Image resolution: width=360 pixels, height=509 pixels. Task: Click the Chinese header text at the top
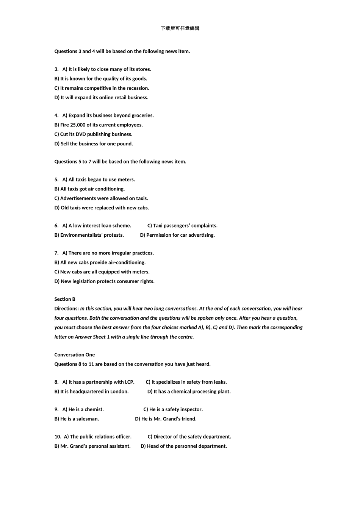click(x=180, y=28)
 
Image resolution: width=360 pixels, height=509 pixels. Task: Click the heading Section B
click(x=65, y=299)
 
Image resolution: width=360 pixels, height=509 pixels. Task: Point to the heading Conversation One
click(x=75, y=355)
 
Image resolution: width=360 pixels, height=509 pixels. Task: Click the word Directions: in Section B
click(x=67, y=309)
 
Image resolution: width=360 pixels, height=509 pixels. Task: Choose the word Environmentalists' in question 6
click(x=81, y=235)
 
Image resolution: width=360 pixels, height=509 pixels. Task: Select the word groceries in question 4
click(x=142, y=116)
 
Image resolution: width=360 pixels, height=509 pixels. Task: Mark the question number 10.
click(x=58, y=437)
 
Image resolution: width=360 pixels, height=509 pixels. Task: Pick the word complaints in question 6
click(x=204, y=226)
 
